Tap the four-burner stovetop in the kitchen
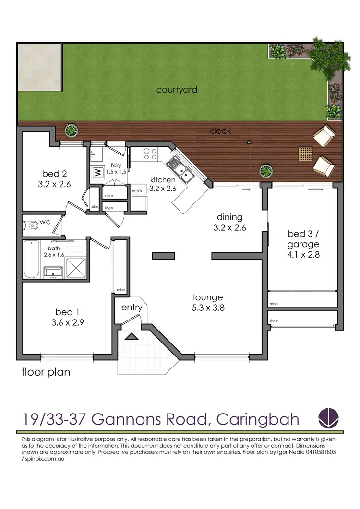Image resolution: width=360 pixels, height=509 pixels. coord(150,154)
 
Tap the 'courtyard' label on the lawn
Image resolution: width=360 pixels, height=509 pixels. coord(177,90)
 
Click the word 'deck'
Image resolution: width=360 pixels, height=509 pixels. coord(220,130)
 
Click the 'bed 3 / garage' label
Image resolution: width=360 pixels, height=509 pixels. coord(303,238)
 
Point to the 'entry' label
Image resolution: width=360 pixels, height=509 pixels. coord(131,307)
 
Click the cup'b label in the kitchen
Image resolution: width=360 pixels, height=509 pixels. coord(136,191)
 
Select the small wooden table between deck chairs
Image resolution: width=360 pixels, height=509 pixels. coord(305,154)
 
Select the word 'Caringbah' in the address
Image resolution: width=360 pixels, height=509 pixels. coord(258,419)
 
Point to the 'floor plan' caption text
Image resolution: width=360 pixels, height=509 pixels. coord(46,372)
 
